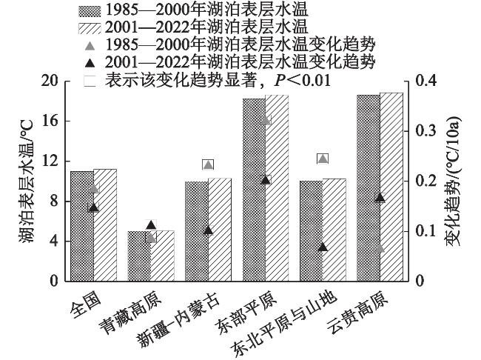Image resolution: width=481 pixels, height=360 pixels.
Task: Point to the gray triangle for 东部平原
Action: [266, 120]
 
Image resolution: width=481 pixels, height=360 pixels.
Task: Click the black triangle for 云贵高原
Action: [380, 197]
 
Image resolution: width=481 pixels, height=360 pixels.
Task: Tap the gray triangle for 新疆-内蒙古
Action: [208, 164]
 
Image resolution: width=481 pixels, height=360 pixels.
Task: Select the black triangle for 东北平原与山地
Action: [323, 246]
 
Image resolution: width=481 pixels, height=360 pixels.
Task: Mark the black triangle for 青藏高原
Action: [151, 224]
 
